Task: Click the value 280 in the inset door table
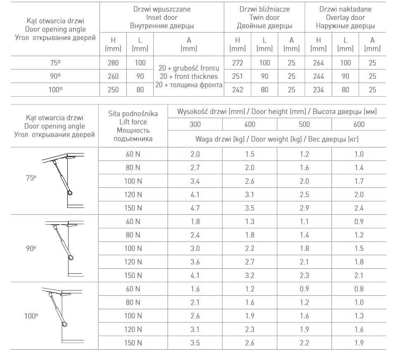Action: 113,63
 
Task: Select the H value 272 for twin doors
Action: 237,63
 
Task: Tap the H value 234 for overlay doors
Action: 318,90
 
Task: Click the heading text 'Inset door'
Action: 162,17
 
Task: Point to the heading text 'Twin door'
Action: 264,17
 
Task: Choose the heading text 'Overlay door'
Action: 345,17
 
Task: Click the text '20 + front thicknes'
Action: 189,76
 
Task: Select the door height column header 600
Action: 359,124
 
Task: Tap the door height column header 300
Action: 195,124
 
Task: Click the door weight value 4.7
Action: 195,208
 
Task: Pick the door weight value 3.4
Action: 195,181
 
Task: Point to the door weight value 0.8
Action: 359,289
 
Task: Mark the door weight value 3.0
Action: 195,249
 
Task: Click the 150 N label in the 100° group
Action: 133,343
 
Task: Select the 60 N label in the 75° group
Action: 133,154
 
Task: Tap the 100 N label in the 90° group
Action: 133,249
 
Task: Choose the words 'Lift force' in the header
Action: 133,122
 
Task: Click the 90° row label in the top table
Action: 55,76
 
